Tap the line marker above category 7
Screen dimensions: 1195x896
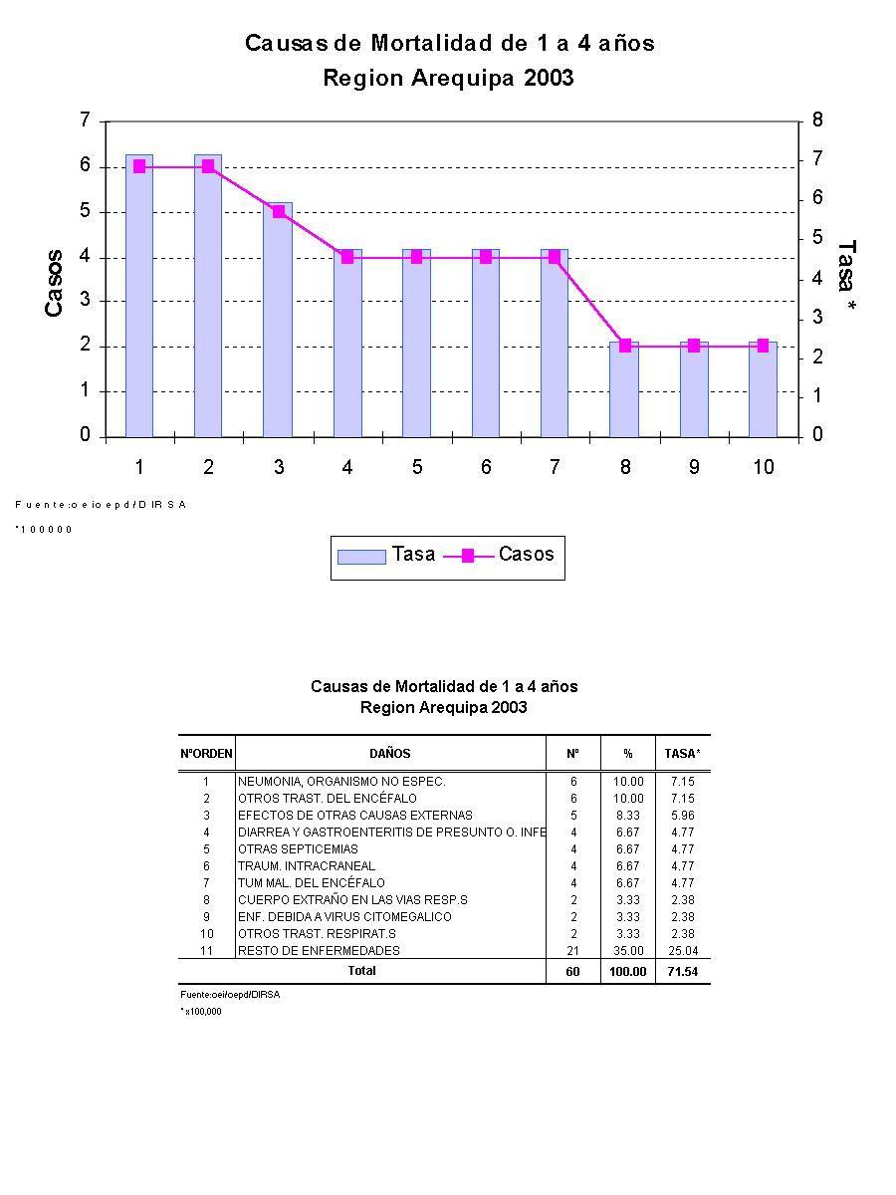click(x=555, y=257)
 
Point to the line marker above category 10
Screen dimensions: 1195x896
click(x=763, y=346)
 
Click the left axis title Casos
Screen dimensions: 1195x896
click(x=54, y=283)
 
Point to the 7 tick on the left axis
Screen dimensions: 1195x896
click(x=86, y=120)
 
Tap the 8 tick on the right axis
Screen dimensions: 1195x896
click(x=817, y=120)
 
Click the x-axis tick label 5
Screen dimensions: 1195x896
click(x=416, y=467)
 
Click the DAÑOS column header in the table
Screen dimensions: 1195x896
click(x=389, y=754)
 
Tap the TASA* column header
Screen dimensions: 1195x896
click(x=683, y=754)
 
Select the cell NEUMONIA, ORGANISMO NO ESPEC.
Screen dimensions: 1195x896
click(x=341, y=782)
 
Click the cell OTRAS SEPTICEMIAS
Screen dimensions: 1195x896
click(x=298, y=849)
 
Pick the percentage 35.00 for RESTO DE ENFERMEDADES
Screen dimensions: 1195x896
click(x=628, y=951)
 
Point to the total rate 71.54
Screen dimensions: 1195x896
click(x=683, y=971)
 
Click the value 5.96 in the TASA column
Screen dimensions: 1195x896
click(x=683, y=816)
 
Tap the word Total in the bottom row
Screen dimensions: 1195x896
click(x=361, y=971)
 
